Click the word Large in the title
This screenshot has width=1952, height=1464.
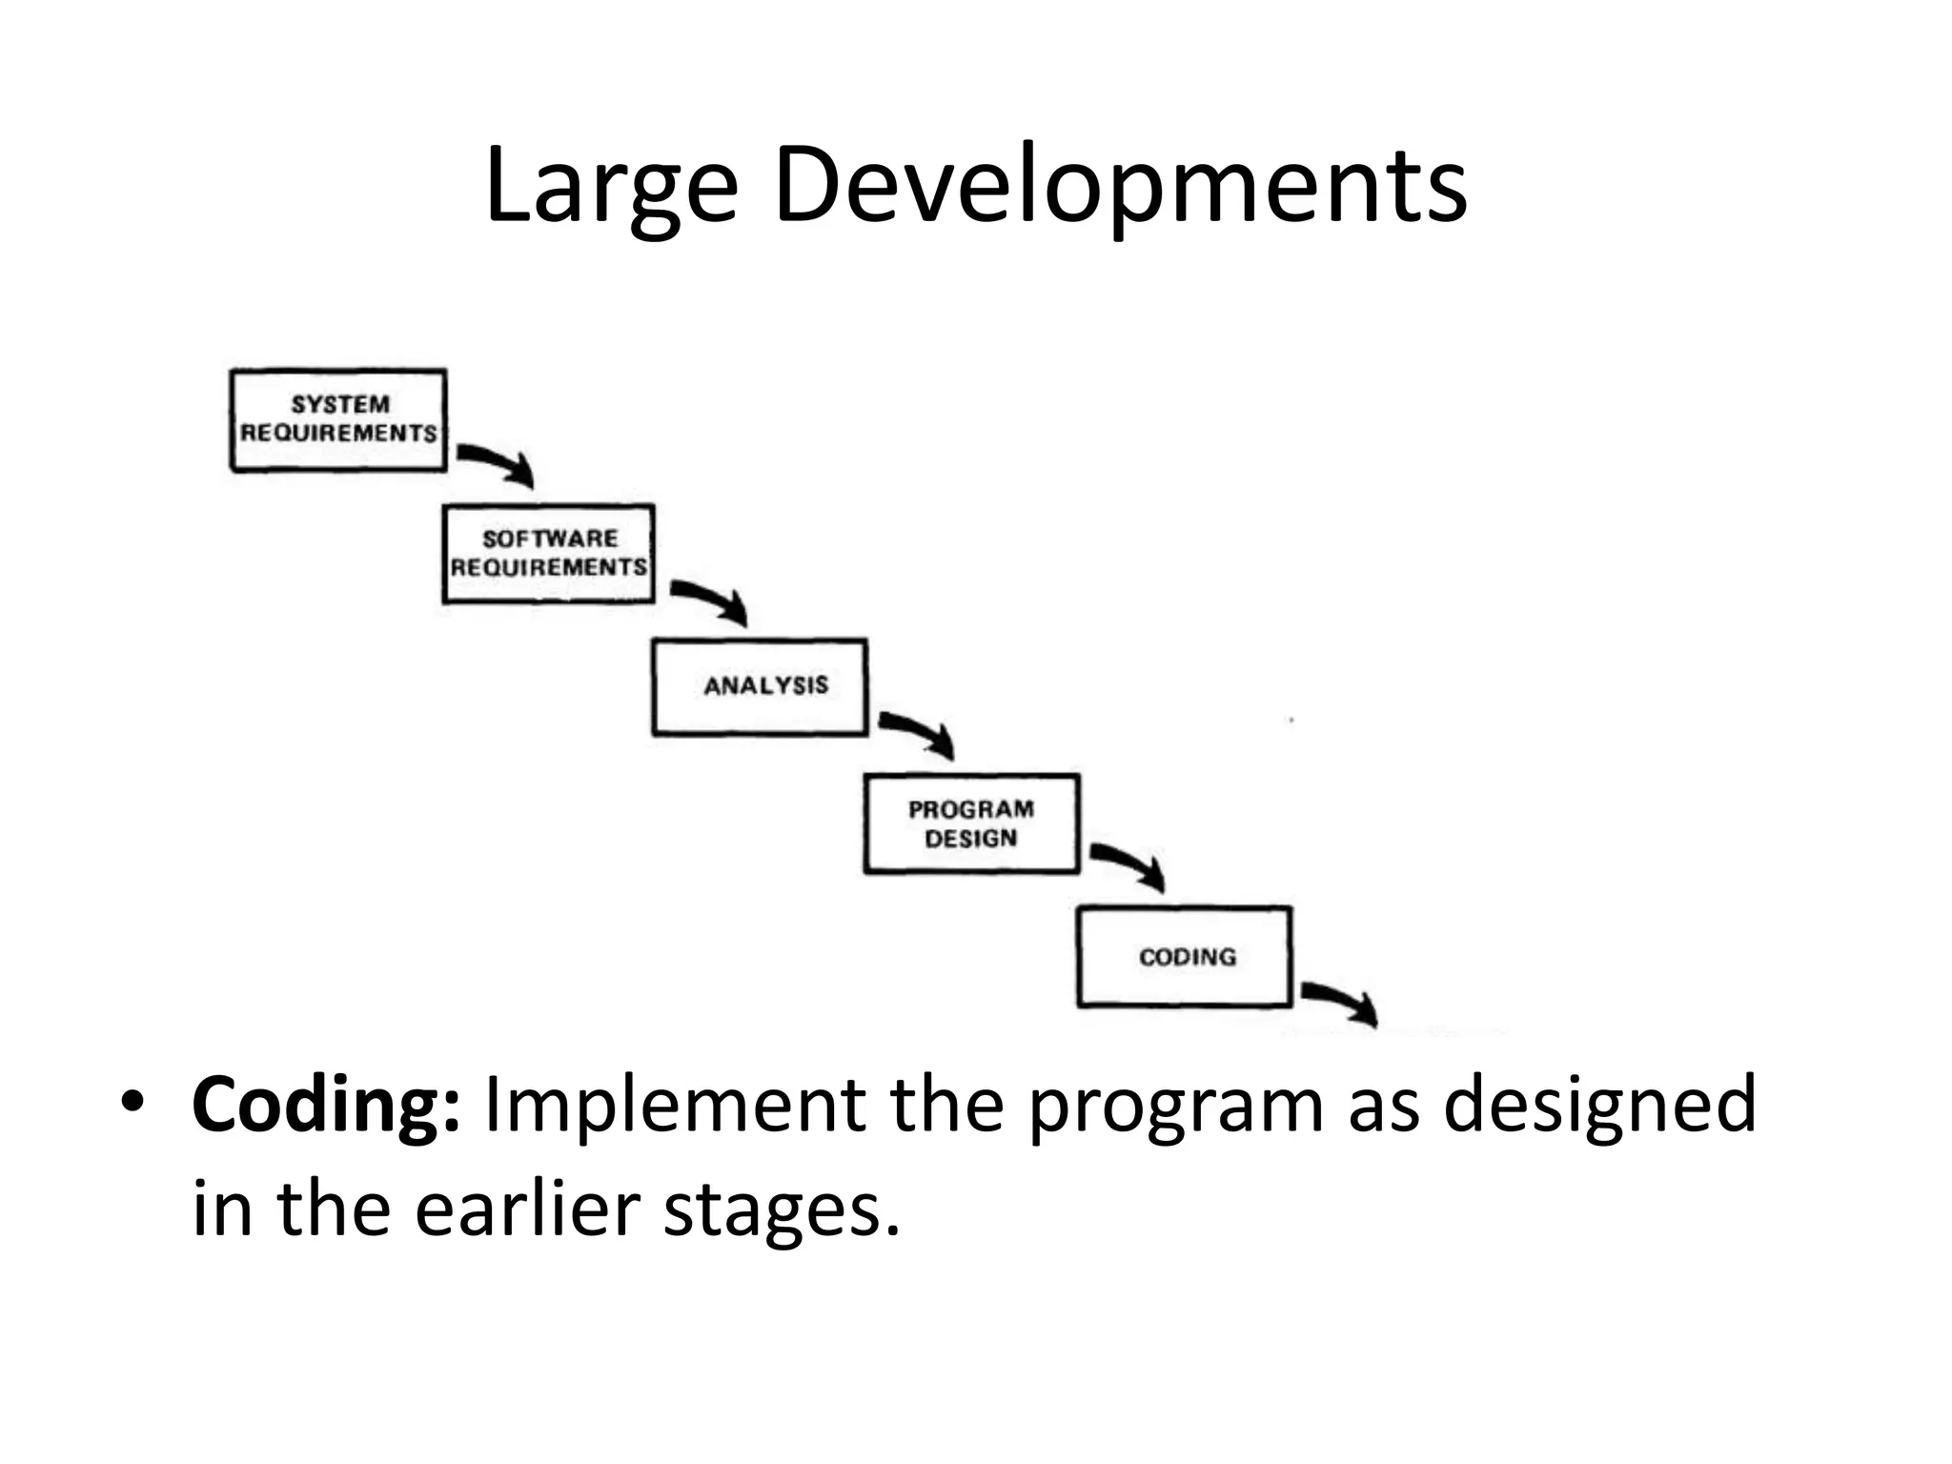tap(611, 186)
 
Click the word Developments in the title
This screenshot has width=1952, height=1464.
tap(1119, 186)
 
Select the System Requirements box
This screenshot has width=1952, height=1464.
tap(338, 419)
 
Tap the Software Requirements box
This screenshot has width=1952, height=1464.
tap(549, 554)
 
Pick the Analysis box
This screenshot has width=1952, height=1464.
tap(760, 687)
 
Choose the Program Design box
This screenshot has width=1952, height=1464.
tap(971, 823)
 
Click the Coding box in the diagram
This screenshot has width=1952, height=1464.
tap(1185, 957)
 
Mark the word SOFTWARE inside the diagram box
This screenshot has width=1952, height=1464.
tap(550, 539)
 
